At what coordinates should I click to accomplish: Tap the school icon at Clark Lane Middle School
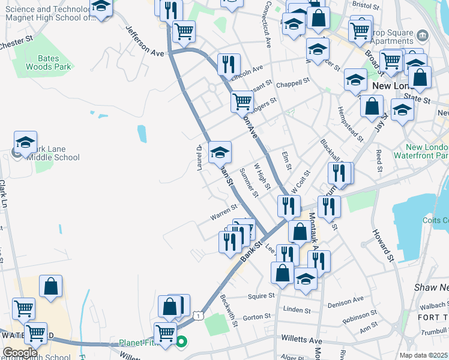pyautogui.click(x=25, y=143)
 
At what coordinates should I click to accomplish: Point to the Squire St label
pyautogui.click(x=261, y=295)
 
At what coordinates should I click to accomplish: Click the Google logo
pyautogui.click(x=20, y=353)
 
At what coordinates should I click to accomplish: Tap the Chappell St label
pyautogui.click(x=293, y=81)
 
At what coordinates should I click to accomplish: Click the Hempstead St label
pyautogui.click(x=351, y=124)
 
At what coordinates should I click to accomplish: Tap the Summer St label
pyautogui.click(x=248, y=182)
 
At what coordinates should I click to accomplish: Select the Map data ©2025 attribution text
pyautogui.click(x=424, y=355)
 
